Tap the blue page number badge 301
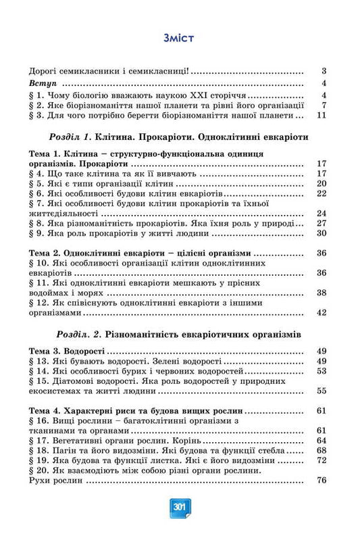pos(180,506)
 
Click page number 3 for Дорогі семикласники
pos(324,71)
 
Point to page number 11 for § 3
pos(322,116)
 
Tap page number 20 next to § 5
pos(322,183)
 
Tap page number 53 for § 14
pos(322,371)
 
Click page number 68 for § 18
pos(322,450)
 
